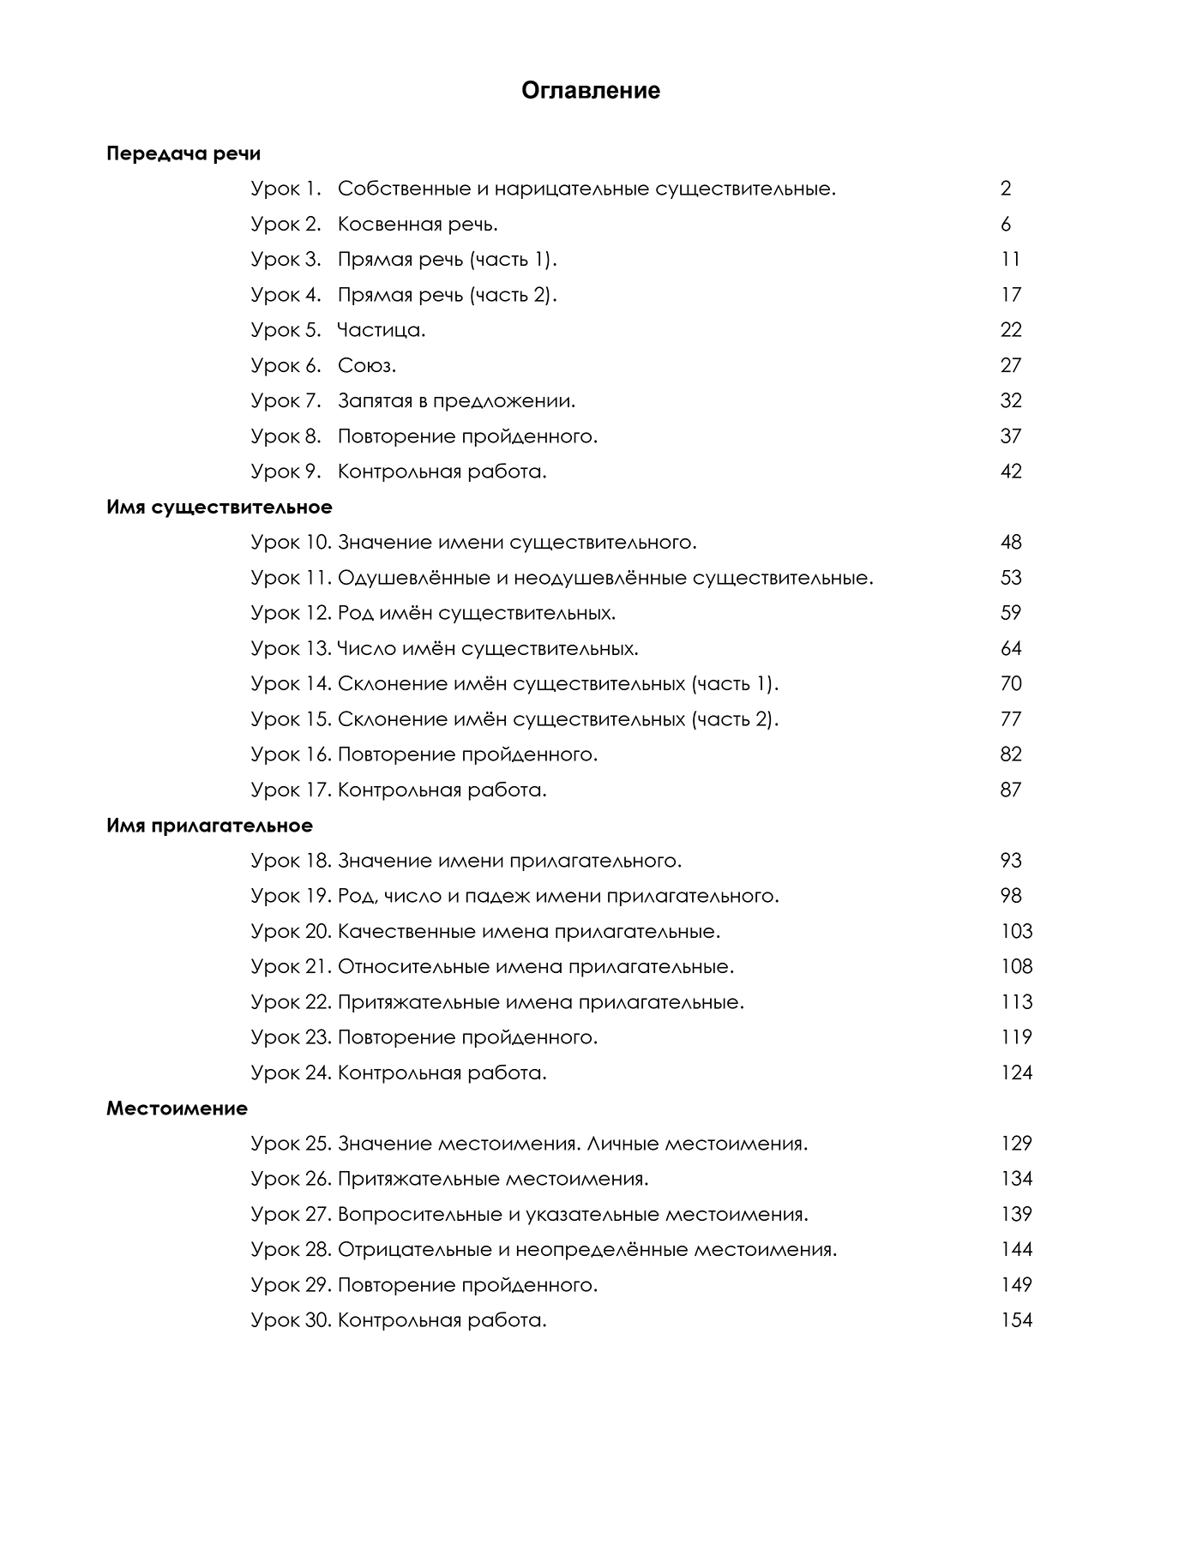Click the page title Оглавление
point(591,91)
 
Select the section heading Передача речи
point(183,154)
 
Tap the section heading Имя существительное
point(219,508)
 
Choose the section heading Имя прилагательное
point(209,826)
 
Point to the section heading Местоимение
point(177,1108)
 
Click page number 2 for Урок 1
point(1006,189)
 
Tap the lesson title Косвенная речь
point(418,225)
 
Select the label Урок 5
point(286,330)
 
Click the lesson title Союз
point(367,366)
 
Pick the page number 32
point(1011,401)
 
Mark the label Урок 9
point(286,472)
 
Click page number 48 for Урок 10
point(1011,543)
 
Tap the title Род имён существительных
point(477,613)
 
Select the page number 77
point(1011,719)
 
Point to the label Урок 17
point(291,790)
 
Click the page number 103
point(1016,931)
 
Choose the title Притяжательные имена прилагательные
point(541,1002)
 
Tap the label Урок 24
point(291,1072)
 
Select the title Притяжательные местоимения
point(493,1179)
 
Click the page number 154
point(1016,1320)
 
